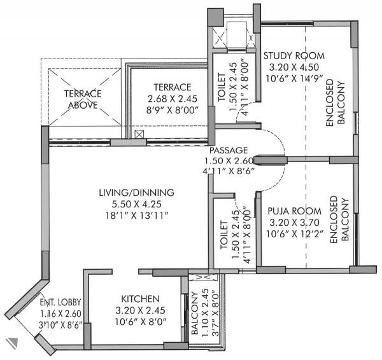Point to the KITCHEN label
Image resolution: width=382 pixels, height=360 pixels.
[140, 299]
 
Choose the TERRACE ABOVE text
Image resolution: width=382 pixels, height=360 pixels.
[81, 100]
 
